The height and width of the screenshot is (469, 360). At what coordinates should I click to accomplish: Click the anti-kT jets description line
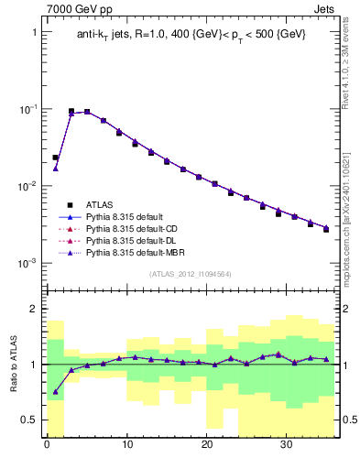coord(191,34)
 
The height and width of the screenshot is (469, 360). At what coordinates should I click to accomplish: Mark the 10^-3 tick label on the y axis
coord(27,263)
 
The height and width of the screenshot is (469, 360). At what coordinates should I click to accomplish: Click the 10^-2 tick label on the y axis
coord(27,186)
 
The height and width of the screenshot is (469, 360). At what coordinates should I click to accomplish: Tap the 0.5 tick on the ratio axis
coord(30,420)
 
